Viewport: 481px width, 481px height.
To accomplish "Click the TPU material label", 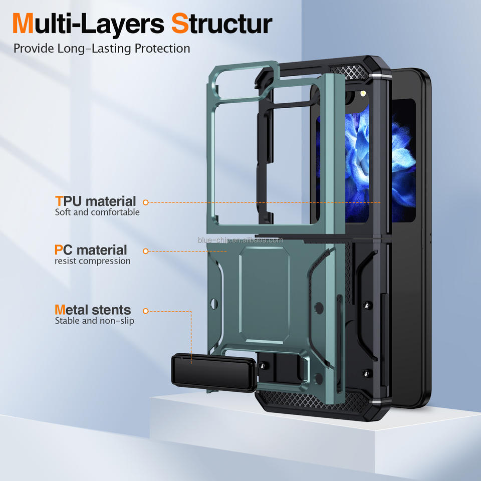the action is tap(95, 201).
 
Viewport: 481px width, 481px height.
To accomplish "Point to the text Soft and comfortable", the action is tap(97, 212).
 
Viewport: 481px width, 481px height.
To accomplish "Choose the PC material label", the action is tap(91, 250).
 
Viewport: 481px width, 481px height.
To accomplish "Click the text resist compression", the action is tap(93, 261).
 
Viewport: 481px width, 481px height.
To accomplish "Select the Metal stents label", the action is tap(93, 310).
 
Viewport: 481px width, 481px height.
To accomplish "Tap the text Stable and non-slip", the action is tap(95, 321).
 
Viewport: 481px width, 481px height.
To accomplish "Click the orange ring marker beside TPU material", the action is tap(146, 202).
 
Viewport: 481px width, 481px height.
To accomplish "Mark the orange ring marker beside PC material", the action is tap(146, 251).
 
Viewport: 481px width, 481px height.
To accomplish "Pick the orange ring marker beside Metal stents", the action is tap(146, 311).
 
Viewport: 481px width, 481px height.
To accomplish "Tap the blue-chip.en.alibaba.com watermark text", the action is tap(240, 240).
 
